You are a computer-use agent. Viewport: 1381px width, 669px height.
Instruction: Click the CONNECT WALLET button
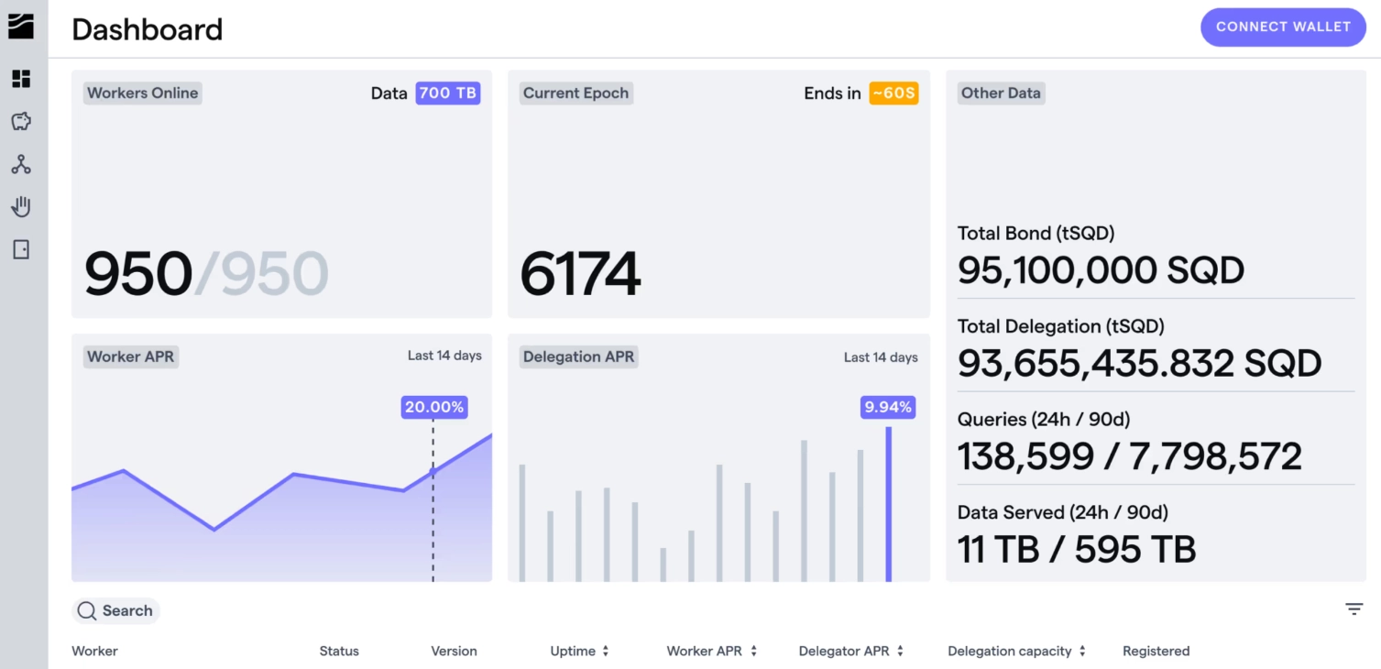point(1282,27)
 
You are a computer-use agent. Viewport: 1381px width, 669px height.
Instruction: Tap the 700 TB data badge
point(447,93)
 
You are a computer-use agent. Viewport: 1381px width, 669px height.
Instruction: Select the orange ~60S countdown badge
point(893,93)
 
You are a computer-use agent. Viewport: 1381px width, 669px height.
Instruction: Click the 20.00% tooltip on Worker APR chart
point(434,407)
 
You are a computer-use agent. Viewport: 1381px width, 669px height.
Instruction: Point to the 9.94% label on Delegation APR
point(888,407)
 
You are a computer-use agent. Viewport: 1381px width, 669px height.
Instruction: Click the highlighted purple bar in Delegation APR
point(888,504)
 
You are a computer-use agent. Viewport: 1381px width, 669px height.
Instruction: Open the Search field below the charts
point(116,611)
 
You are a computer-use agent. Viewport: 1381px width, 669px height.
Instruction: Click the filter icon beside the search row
point(1354,609)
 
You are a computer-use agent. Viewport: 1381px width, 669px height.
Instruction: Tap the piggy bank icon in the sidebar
point(21,121)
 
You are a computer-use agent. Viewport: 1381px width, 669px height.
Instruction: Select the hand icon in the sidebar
point(21,206)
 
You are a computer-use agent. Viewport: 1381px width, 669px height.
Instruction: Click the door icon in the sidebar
point(21,249)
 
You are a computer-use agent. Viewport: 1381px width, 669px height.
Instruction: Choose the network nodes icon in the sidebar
point(21,164)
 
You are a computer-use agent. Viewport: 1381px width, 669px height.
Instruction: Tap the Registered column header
point(1156,652)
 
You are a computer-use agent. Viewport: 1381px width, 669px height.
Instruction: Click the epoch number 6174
point(580,274)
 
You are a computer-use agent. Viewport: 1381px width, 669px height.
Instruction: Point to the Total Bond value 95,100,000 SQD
point(1101,270)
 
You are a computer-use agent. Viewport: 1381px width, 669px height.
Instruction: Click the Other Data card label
point(1000,93)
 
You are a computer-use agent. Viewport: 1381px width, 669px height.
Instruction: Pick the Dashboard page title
point(147,29)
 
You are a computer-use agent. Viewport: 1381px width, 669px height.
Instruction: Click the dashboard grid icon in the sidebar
point(21,79)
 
